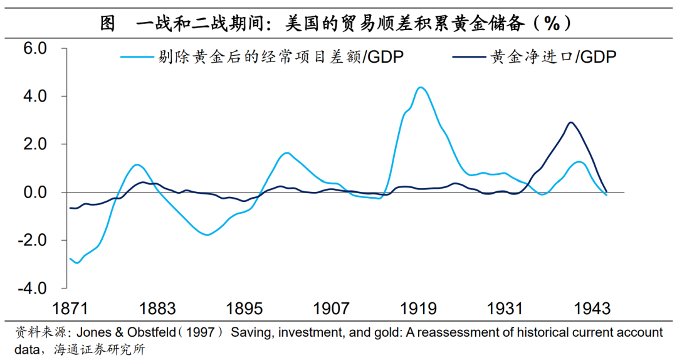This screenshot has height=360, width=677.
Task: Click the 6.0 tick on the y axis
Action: tap(35, 49)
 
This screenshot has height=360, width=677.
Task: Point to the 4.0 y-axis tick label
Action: tap(35, 97)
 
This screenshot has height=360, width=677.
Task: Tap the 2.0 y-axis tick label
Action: tap(35, 144)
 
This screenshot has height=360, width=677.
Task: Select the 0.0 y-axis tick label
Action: tap(35, 193)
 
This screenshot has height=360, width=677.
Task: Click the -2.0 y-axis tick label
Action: tap(33, 240)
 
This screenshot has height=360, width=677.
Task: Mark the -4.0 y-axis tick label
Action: tap(33, 288)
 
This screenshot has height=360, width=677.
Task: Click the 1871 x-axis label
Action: tap(70, 309)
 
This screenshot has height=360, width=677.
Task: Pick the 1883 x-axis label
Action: tap(157, 309)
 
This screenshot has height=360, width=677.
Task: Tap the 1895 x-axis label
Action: tap(244, 309)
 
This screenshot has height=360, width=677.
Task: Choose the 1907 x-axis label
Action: tap(332, 309)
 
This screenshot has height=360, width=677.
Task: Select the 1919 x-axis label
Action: tap(419, 309)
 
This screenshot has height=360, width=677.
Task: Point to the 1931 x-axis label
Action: tap(506, 309)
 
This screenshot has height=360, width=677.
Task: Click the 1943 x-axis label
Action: tap(593, 309)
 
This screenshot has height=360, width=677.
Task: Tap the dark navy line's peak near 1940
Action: tap(570, 122)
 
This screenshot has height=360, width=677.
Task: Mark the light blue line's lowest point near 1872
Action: tap(77, 263)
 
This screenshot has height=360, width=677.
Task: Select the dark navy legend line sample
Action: tap(468, 57)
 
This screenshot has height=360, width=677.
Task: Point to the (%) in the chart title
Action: tap(551, 24)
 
